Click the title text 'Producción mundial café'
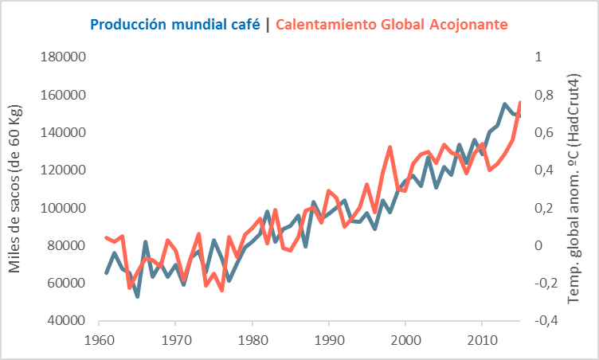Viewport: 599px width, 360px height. click(x=175, y=24)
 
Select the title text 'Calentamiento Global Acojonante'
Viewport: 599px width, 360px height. click(x=392, y=24)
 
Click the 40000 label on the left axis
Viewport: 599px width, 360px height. click(x=65, y=321)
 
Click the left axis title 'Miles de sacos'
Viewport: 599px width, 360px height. click(x=16, y=189)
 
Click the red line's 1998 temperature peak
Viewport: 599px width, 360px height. click(x=390, y=147)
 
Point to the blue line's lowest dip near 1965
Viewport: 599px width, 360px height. click(x=137, y=296)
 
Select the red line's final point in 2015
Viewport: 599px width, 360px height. click(x=520, y=102)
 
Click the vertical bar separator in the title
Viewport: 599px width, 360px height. click(x=268, y=24)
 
